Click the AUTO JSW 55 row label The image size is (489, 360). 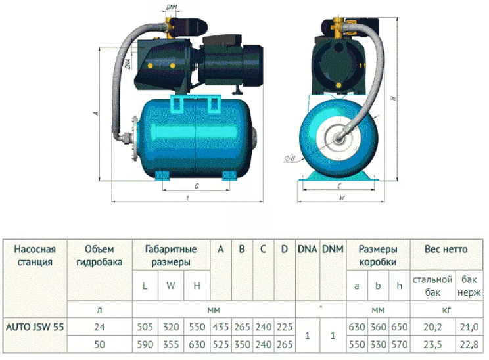[35, 327]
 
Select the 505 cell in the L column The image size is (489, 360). [145, 327]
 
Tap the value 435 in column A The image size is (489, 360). [221, 327]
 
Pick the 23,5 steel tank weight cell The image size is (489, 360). [432, 344]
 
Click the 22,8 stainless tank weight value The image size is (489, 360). [469, 344]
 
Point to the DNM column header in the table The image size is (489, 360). [333, 249]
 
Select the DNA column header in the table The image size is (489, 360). [308, 249]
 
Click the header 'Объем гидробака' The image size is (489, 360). [99, 256]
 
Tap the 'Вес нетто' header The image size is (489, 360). [446, 249]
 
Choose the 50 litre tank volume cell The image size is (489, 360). [99, 344]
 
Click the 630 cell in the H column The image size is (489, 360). [197, 344]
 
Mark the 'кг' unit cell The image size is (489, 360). [446, 310]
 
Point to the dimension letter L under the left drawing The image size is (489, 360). [188, 198]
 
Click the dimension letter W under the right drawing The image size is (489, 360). [342, 198]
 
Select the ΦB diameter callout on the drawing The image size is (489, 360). [289, 158]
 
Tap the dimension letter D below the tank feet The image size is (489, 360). [197, 187]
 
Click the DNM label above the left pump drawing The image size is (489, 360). [172, 7]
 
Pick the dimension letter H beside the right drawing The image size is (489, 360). [394, 98]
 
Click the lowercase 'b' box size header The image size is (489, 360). [378, 286]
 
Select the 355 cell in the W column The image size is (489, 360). [171, 344]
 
